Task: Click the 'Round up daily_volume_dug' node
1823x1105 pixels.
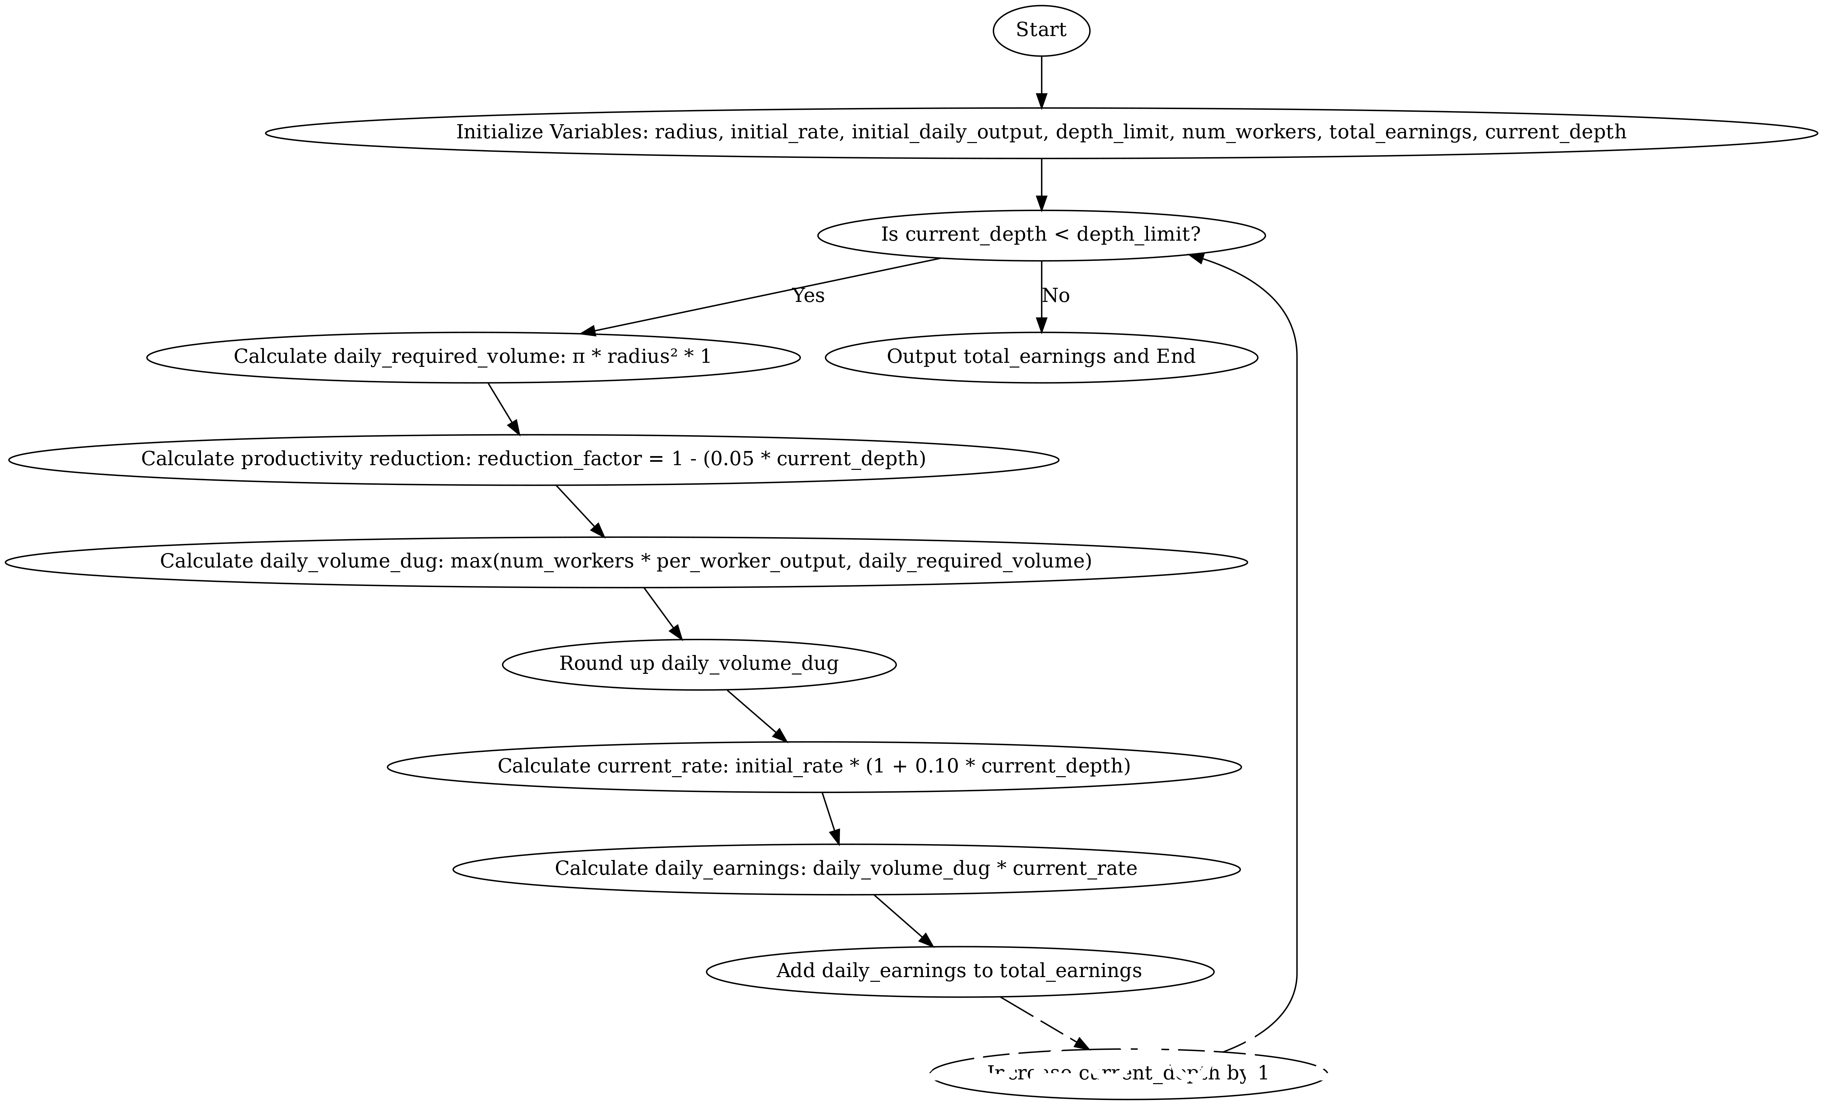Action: coord(699,663)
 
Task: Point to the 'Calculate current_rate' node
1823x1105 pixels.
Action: coord(814,766)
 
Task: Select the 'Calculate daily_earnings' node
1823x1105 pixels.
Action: coord(846,868)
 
